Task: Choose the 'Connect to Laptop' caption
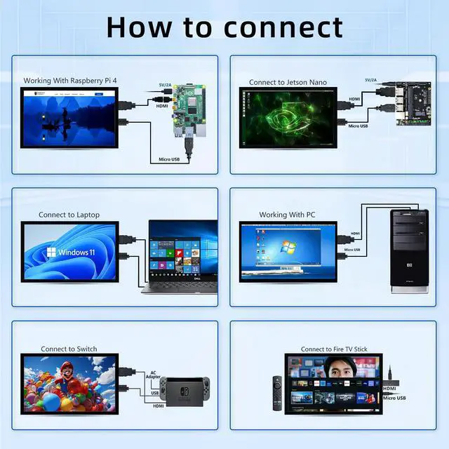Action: point(69,215)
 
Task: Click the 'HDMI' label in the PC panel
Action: point(356,234)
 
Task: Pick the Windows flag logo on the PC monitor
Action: point(288,248)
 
